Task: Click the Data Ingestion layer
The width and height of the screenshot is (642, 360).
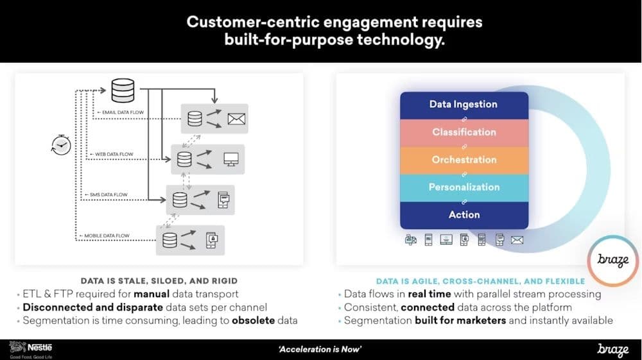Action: (x=464, y=105)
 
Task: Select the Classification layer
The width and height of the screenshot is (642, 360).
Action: (x=464, y=132)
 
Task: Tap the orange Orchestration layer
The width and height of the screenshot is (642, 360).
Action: (x=464, y=160)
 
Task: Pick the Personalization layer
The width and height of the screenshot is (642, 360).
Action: (x=464, y=187)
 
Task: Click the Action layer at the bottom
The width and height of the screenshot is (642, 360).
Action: (x=464, y=215)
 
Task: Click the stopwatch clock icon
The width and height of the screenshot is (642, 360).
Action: (x=60, y=146)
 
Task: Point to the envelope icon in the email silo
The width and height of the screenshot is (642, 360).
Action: (x=238, y=119)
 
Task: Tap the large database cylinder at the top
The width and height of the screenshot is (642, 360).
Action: (x=123, y=90)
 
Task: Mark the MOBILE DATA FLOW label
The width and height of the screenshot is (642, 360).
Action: (x=104, y=236)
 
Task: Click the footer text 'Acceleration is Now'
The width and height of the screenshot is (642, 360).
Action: (x=320, y=349)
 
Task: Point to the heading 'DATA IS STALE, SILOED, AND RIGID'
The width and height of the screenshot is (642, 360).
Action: (x=159, y=280)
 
